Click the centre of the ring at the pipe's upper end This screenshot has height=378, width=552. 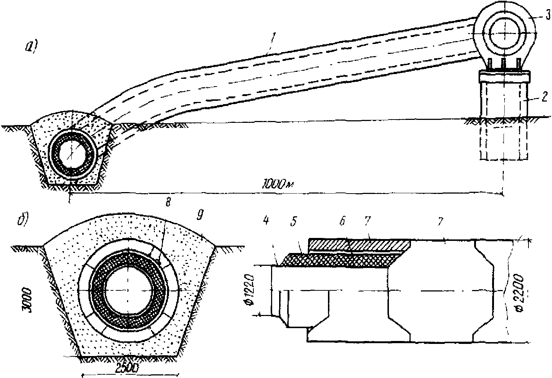(x=504, y=32)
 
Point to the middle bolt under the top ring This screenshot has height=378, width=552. (x=504, y=63)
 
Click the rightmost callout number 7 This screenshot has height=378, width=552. (x=441, y=221)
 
